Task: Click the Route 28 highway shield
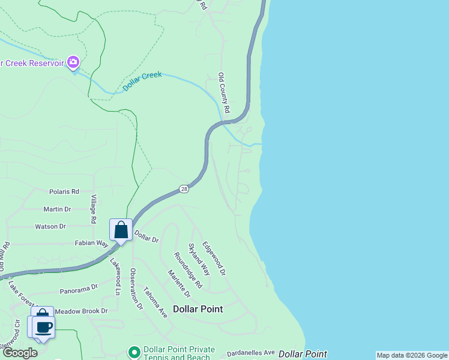[184, 189]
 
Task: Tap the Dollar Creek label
[142, 81]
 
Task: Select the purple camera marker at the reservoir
[73, 62]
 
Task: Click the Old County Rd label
[224, 93]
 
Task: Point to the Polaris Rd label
[64, 192]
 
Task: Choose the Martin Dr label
[57, 209]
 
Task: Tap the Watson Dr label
[50, 226]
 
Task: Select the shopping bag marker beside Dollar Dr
[121, 229]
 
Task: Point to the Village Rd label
[94, 209]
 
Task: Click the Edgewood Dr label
[214, 258]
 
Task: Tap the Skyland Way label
[199, 259]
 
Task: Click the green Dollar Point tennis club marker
[134, 352]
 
